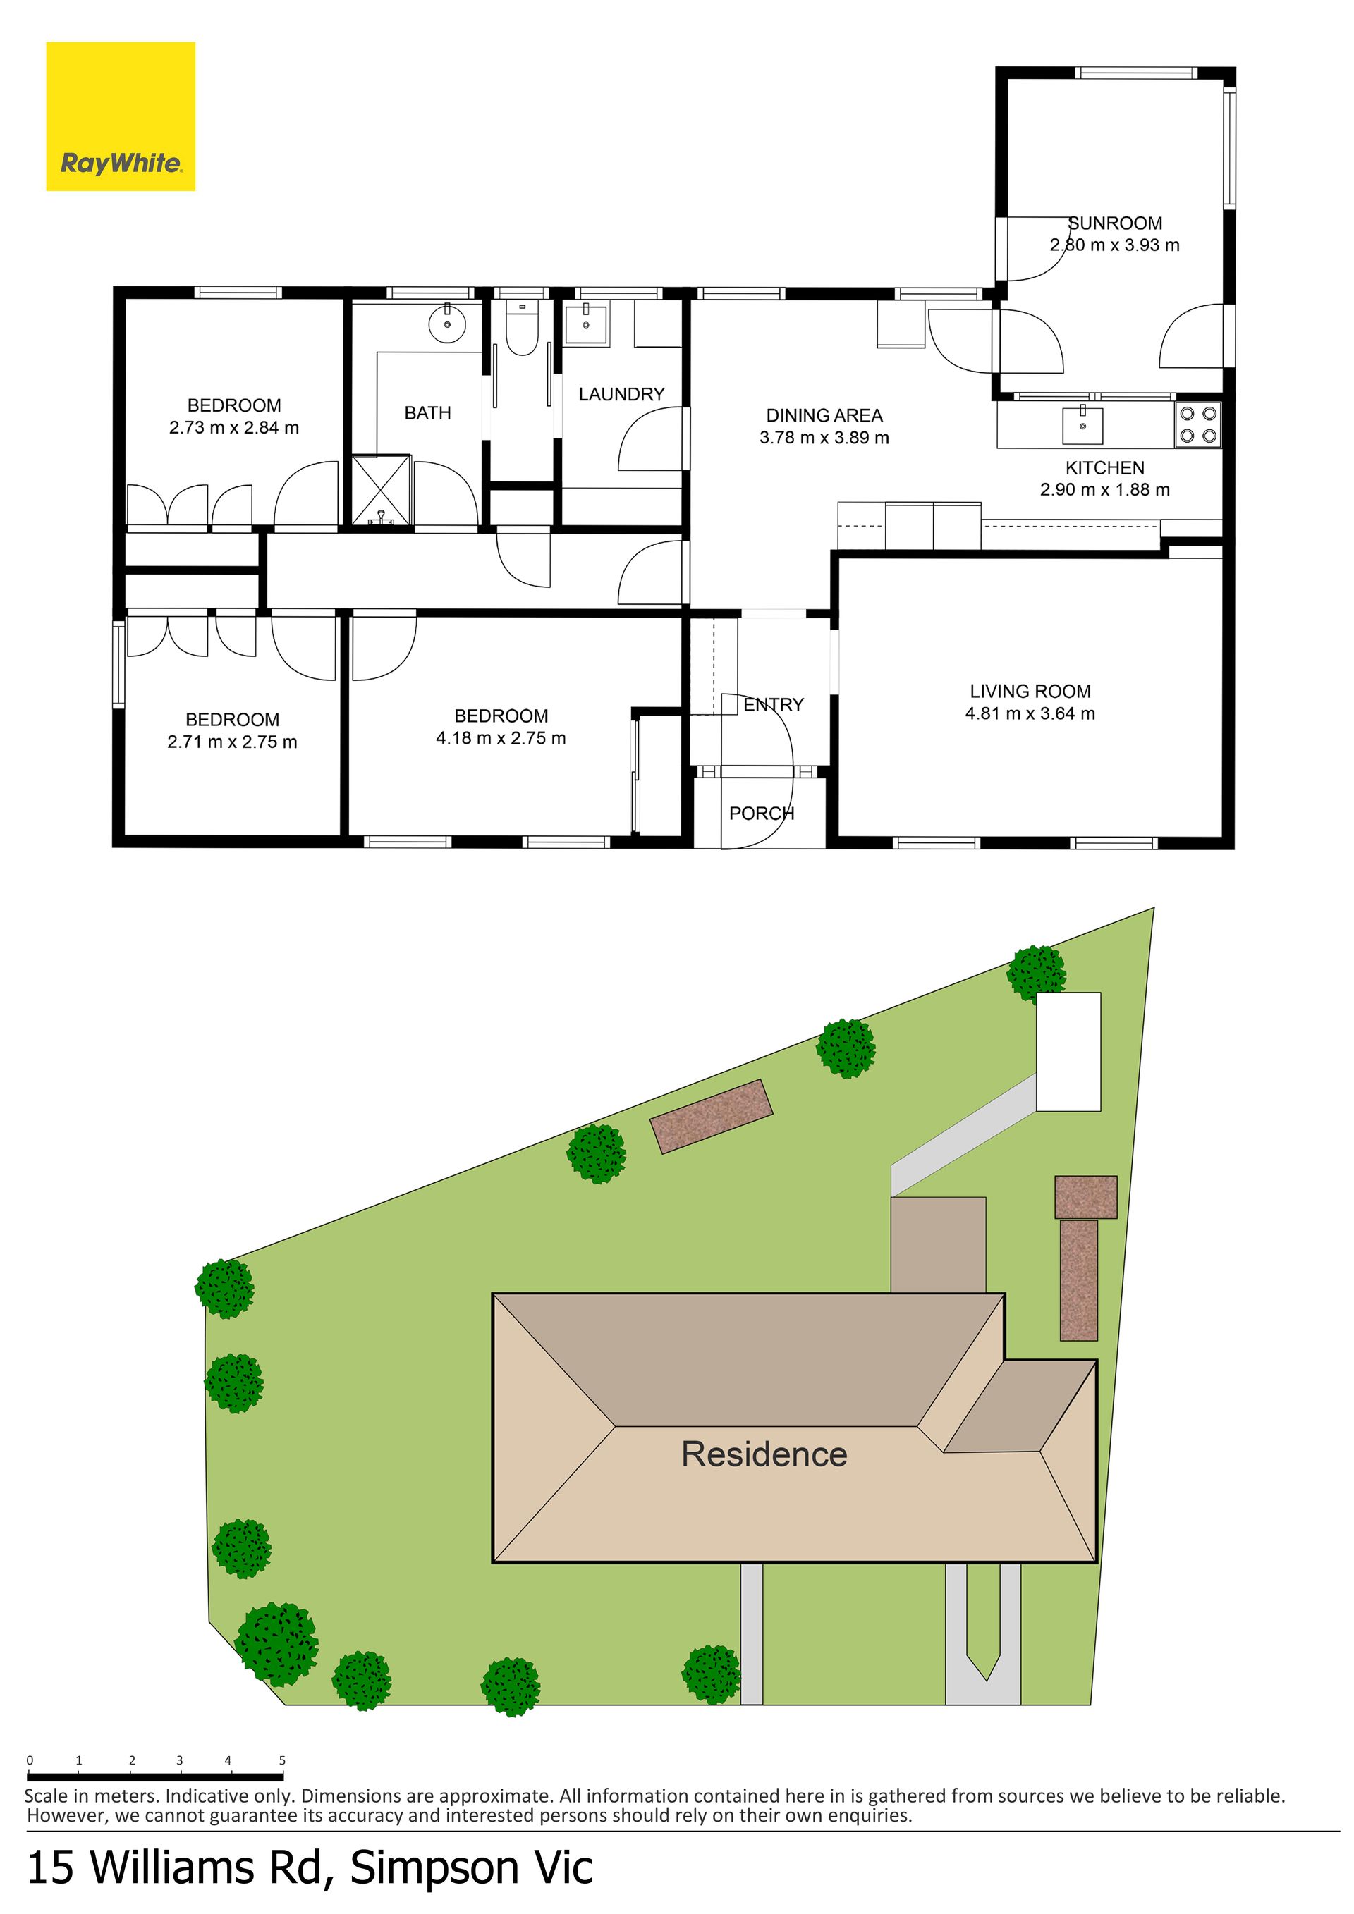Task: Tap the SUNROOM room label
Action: coord(1115,223)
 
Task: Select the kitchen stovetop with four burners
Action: coord(1198,424)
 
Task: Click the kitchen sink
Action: coord(1082,425)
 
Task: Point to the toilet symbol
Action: coord(522,329)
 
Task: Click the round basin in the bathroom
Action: coord(448,324)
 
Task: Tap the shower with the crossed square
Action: coord(381,490)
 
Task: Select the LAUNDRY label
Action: coord(621,394)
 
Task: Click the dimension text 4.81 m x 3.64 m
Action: coord(1030,713)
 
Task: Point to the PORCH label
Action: coord(761,814)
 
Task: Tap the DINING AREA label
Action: coord(824,415)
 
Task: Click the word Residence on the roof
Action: coord(764,1454)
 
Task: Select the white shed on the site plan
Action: coord(1068,1051)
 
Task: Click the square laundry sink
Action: coord(586,324)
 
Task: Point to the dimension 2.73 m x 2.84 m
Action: coord(233,428)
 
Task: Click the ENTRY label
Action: coord(774,704)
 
